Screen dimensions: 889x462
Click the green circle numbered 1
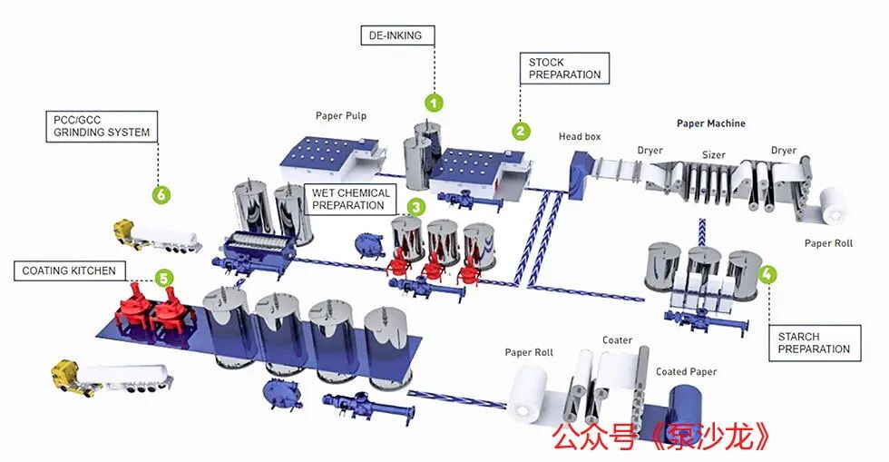(x=434, y=103)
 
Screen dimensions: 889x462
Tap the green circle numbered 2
(x=521, y=131)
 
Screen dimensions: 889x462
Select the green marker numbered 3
(x=416, y=207)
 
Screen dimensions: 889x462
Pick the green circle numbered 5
(x=163, y=278)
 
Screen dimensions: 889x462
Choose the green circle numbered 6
(x=161, y=194)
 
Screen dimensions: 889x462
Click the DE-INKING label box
(x=398, y=35)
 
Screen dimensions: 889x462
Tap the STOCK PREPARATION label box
(x=564, y=69)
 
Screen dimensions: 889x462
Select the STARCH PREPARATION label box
(x=815, y=343)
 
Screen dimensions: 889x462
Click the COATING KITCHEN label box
(x=69, y=270)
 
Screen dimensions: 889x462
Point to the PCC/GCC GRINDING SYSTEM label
(x=102, y=126)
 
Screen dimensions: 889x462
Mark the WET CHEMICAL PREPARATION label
(x=350, y=199)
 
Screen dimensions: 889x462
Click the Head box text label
(x=580, y=136)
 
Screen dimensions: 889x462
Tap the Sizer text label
(x=713, y=154)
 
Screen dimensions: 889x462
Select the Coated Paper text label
(x=686, y=372)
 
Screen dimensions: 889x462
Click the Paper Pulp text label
(x=341, y=116)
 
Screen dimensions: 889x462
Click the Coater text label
(x=617, y=340)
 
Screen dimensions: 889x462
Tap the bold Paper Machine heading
(x=711, y=123)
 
